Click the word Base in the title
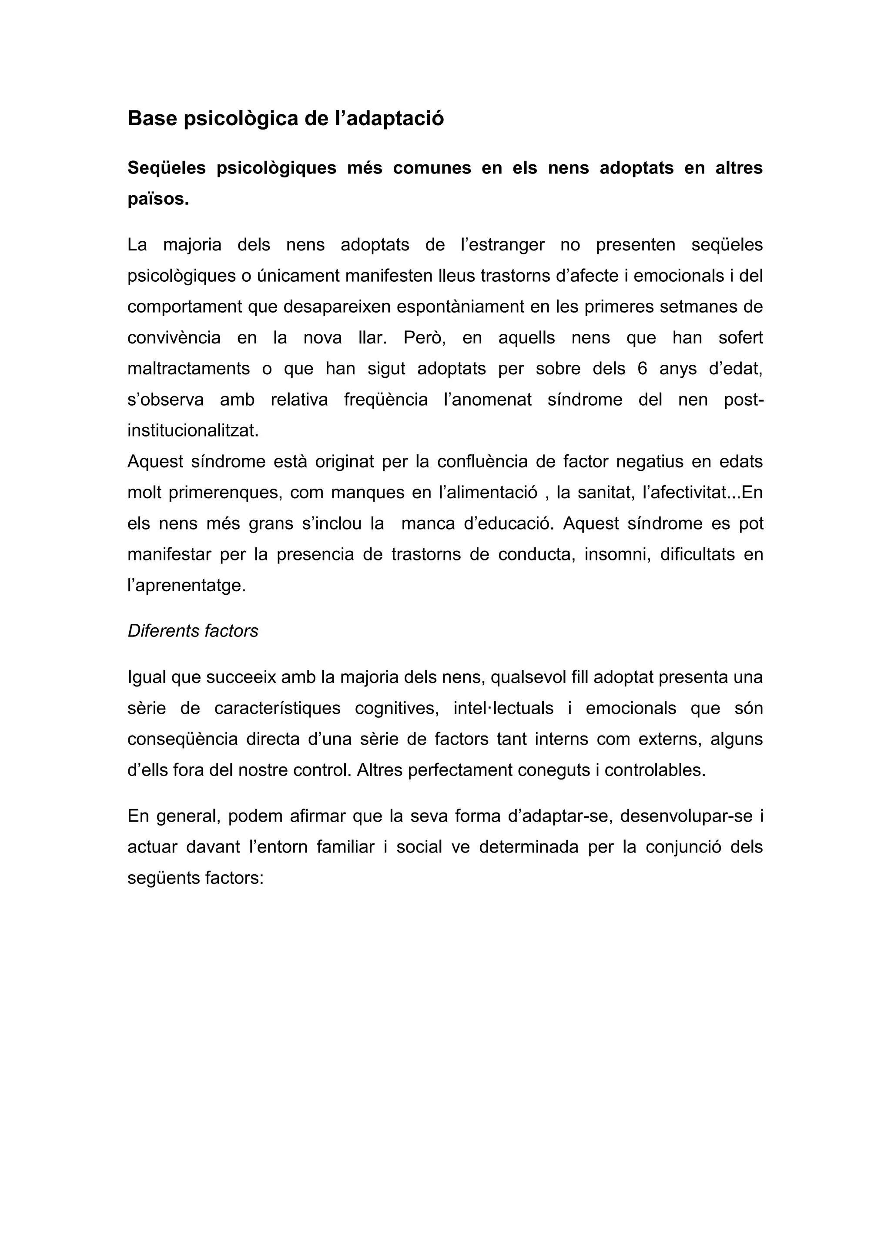[x=153, y=118]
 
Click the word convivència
[x=174, y=337]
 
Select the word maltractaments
[x=189, y=369]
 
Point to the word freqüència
[x=386, y=400]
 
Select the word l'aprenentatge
[x=187, y=586]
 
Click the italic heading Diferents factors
[x=193, y=631]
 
